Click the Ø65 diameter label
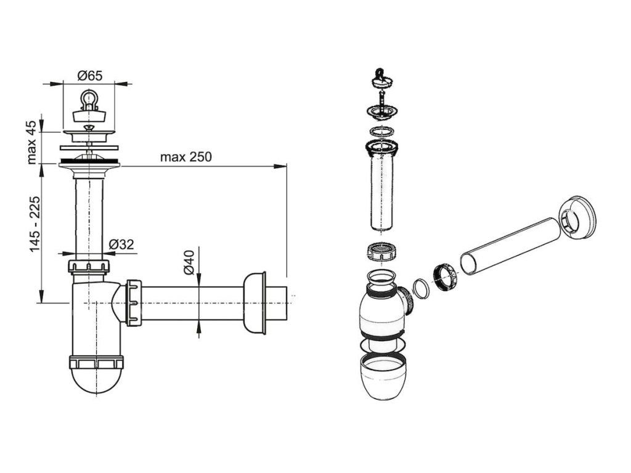pos(89,75)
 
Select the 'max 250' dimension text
pos(185,157)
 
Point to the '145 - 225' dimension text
pos(33,223)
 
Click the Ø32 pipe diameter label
pos(121,244)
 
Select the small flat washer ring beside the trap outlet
pos(420,288)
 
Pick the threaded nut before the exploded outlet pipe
pos(446,275)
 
